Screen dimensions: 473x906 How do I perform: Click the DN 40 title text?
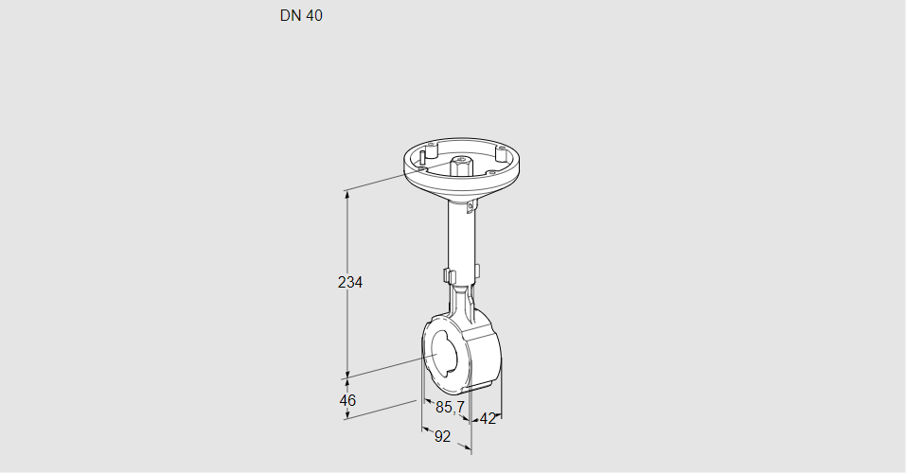click(301, 16)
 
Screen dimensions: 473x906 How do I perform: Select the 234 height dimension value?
click(350, 282)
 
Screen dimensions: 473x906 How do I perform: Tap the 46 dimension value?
click(347, 400)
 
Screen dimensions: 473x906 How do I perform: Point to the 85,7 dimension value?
click(450, 408)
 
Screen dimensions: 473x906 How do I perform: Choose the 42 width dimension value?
click(488, 419)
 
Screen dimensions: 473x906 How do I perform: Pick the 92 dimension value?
click(442, 436)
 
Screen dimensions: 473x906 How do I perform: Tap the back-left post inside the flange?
click(430, 149)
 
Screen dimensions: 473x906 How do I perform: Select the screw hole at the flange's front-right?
click(492, 172)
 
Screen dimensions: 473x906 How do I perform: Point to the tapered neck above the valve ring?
click(464, 305)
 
